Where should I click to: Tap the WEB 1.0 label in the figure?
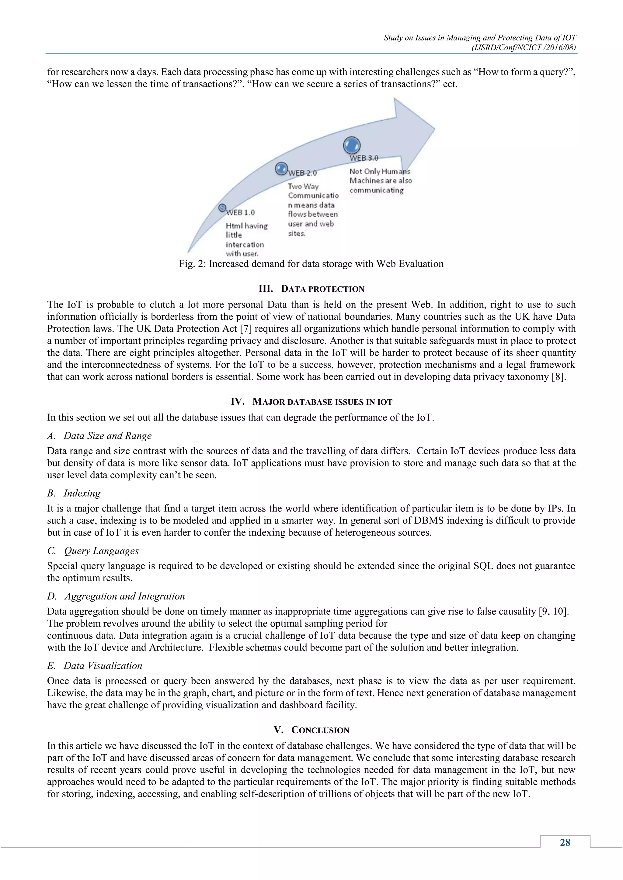[241, 212]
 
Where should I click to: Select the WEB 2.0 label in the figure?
[303, 173]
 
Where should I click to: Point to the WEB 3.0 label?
[364, 158]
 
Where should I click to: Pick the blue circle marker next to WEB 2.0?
[282, 169]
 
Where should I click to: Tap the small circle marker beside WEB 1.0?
[222, 208]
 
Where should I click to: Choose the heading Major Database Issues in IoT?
[311, 402]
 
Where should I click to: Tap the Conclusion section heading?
[311, 730]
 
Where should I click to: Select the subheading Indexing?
[82, 493]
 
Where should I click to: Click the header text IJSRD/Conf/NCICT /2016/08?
[524, 47]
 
